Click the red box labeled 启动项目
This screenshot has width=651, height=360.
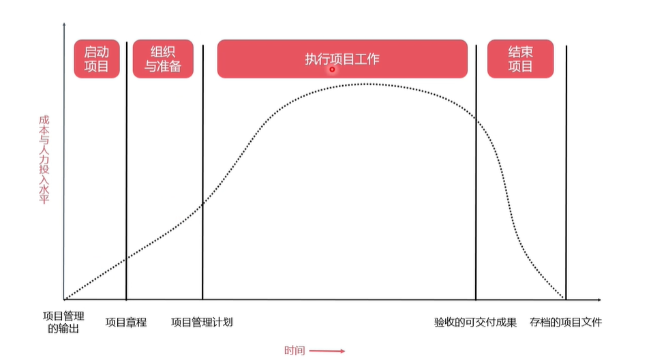click(x=97, y=59)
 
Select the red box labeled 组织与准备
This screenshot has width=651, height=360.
click(x=163, y=59)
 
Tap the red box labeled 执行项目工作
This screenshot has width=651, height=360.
click(x=342, y=59)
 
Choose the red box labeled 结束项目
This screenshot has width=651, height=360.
click(x=520, y=59)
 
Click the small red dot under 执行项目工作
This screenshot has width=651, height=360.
click(x=333, y=69)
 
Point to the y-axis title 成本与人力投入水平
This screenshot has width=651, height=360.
click(x=44, y=158)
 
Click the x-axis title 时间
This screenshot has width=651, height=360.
click(x=294, y=350)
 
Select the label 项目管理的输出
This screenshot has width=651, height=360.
click(x=63, y=322)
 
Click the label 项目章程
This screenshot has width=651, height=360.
click(x=126, y=322)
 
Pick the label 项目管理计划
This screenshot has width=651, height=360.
click(x=202, y=322)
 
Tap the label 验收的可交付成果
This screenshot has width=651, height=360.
click(x=476, y=322)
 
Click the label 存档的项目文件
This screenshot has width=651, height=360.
click(x=566, y=322)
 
